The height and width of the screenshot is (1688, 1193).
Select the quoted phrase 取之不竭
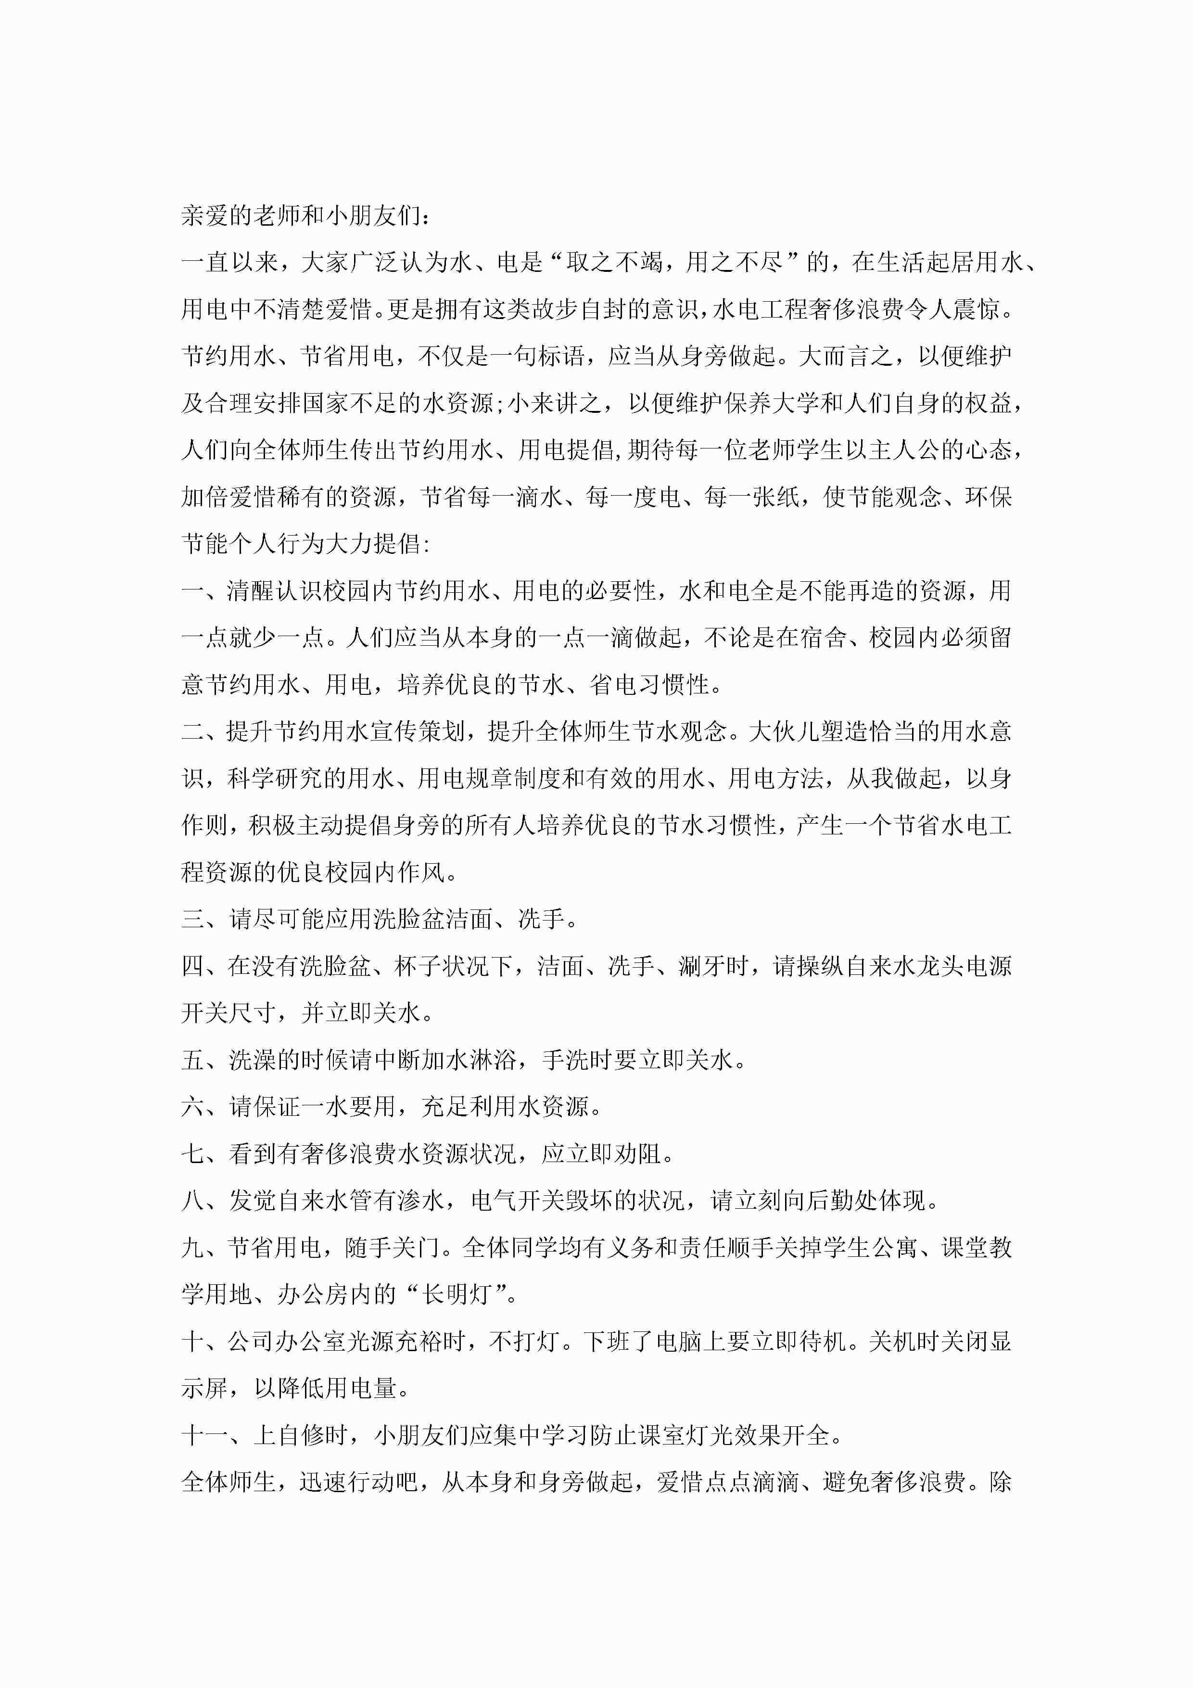pyautogui.click(x=614, y=262)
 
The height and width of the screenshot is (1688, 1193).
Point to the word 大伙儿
pyautogui.click(x=783, y=731)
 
